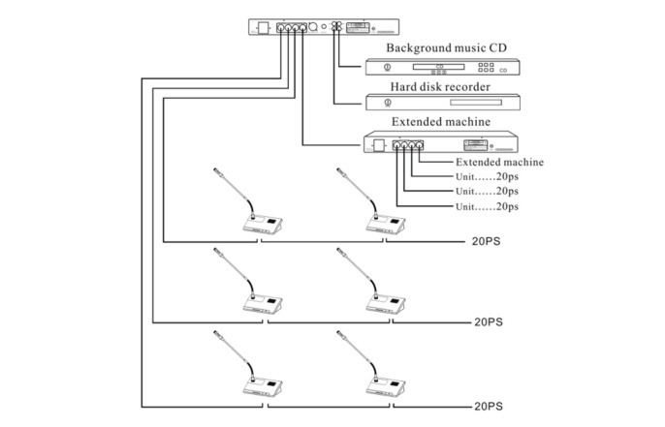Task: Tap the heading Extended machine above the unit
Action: [439, 122]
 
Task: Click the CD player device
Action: [443, 67]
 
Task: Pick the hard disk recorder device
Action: [443, 103]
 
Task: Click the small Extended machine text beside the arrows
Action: [499, 163]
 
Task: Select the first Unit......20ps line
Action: [486, 177]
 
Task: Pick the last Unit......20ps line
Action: [486, 207]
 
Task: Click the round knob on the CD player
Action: [387, 67]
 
